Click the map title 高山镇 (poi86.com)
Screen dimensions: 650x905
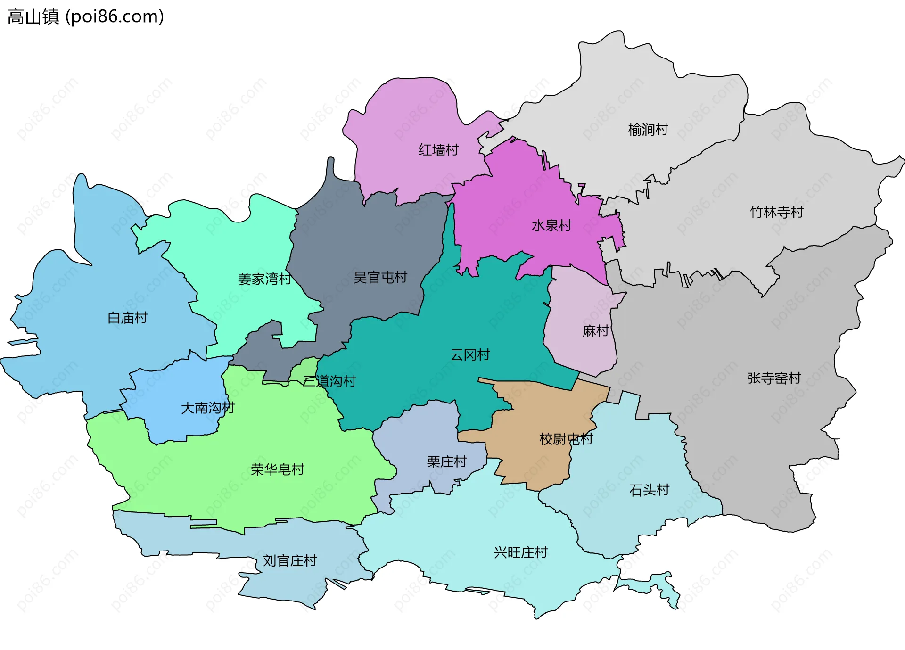(86, 16)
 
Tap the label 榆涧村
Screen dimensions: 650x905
(648, 130)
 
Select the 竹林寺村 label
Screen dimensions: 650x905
(776, 212)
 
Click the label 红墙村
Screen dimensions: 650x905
(438, 150)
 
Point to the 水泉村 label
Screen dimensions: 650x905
(551, 225)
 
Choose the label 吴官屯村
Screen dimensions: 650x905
(380, 277)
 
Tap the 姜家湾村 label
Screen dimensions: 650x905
(264, 279)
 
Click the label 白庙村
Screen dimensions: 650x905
(127, 318)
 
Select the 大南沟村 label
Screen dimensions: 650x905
(207, 408)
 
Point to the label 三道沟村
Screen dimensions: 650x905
(329, 381)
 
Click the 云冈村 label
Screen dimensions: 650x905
(470, 354)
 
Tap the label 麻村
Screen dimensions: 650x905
(596, 331)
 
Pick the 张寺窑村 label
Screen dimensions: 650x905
(774, 378)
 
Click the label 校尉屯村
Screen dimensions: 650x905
(566, 439)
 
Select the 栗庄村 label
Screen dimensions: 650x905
(446, 461)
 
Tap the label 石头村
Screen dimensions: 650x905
(649, 490)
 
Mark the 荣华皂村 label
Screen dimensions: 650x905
(277, 469)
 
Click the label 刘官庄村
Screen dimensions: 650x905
(289, 561)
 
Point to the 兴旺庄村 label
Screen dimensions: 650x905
(520, 552)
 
